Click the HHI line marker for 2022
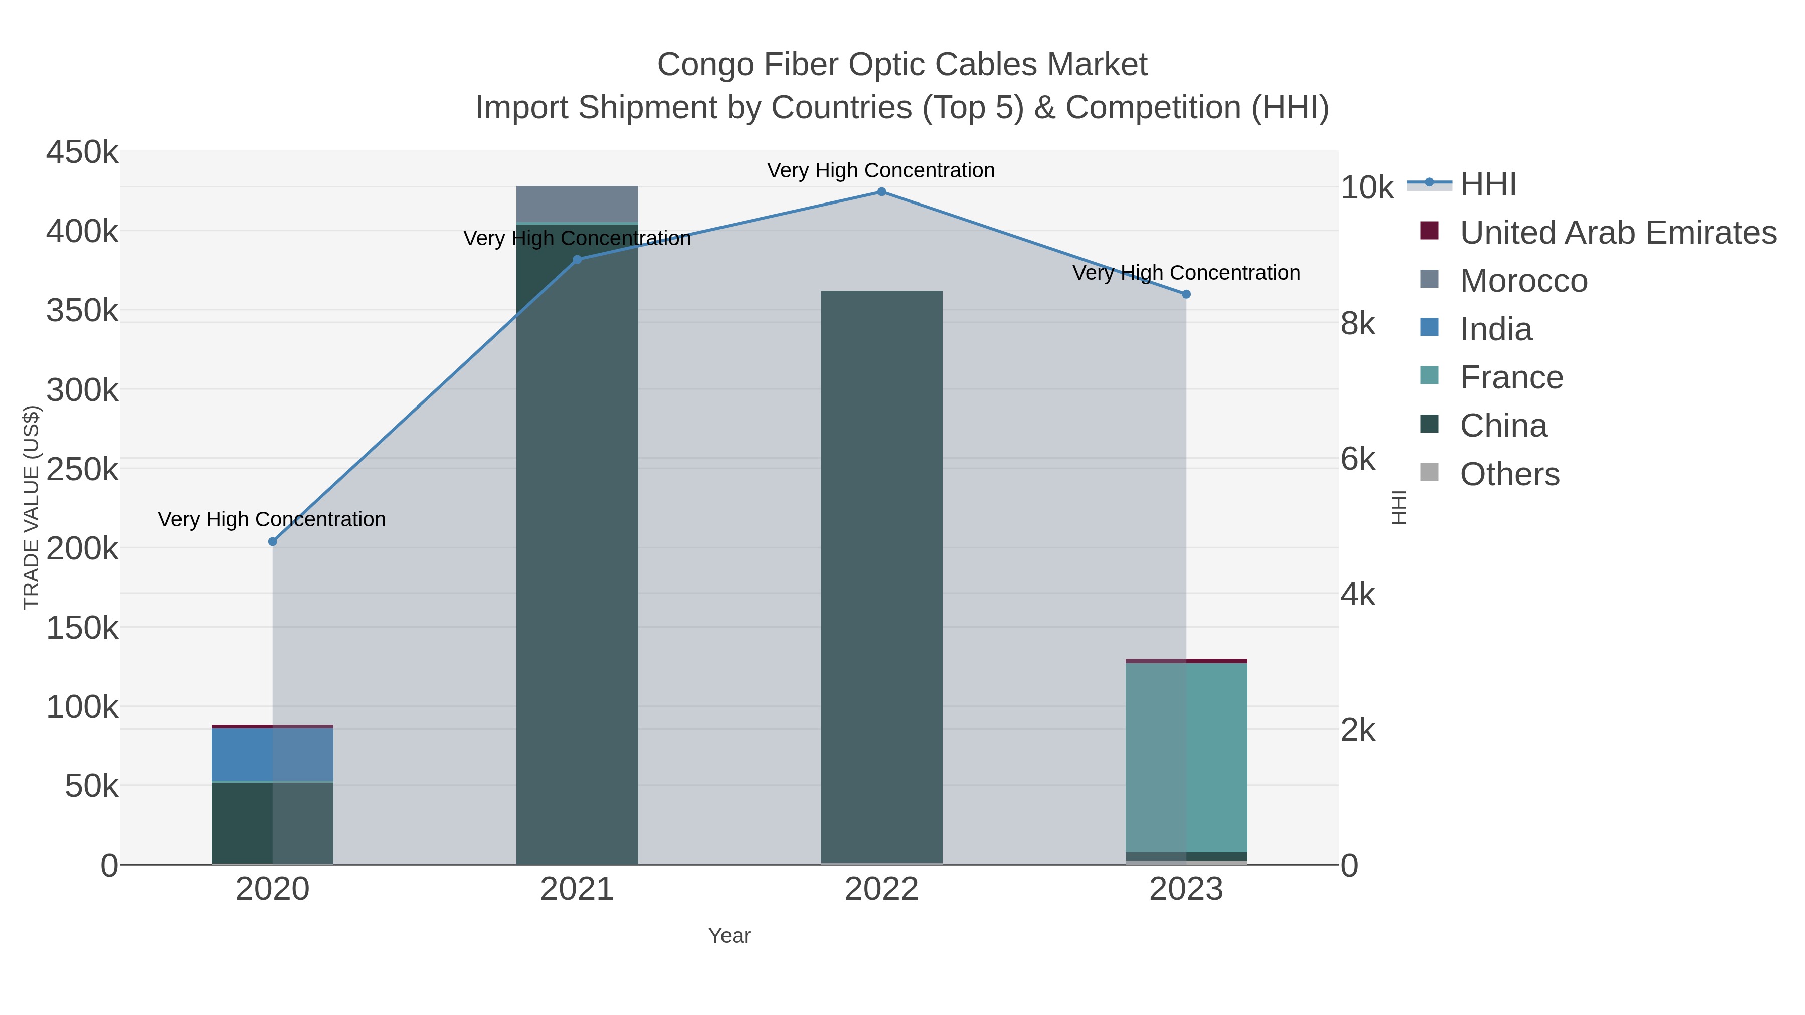click(x=881, y=192)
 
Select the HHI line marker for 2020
click(x=273, y=541)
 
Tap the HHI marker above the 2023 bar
click(x=1186, y=294)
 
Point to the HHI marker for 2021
click(x=578, y=259)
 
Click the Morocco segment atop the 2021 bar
click(x=578, y=204)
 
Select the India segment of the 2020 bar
click(x=273, y=754)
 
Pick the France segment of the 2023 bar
click(x=1186, y=756)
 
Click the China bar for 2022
click(x=881, y=574)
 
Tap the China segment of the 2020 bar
click(x=273, y=823)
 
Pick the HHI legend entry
click(x=1488, y=184)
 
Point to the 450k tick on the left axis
click(x=82, y=152)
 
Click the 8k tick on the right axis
click(x=1358, y=324)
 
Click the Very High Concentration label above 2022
click(x=881, y=170)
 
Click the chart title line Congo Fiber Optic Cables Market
click(x=902, y=65)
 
